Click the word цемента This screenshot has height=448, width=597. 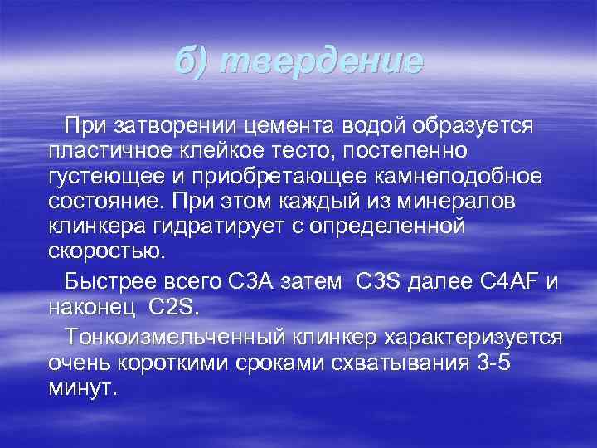[289, 126]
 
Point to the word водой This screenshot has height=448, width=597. [372, 126]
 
